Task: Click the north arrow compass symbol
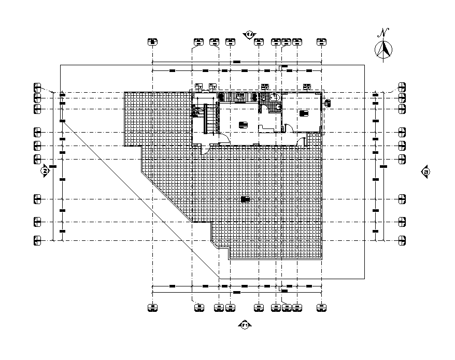pyautogui.click(x=383, y=50)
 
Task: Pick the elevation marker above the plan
pyautogui.click(x=249, y=35)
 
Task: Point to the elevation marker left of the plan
pyautogui.click(x=45, y=170)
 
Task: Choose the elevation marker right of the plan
pyautogui.click(x=425, y=172)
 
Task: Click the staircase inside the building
pyautogui.click(x=201, y=119)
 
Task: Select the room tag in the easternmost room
pyautogui.click(x=304, y=112)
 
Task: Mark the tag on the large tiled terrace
pyautogui.click(x=246, y=198)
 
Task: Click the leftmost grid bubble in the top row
pyautogui.click(x=152, y=42)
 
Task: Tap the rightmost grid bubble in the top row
pyautogui.click(x=321, y=42)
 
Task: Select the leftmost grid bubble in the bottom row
pyautogui.click(x=152, y=308)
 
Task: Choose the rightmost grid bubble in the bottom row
pyautogui.click(x=321, y=308)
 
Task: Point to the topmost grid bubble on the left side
pyautogui.click(x=37, y=86)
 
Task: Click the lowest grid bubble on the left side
pyautogui.click(x=37, y=240)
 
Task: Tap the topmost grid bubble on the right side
pyautogui.click(x=402, y=86)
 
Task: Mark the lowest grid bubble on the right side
pyautogui.click(x=402, y=240)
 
